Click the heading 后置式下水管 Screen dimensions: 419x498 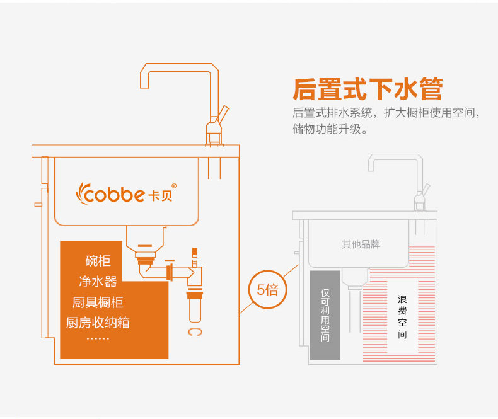[x=368, y=89]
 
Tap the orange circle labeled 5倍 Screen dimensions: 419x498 [x=268, y=290]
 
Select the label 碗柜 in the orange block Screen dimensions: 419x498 [x=98, y=261]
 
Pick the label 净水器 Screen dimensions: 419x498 [x=98, y=281]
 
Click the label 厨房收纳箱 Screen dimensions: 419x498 [x=98, y=323]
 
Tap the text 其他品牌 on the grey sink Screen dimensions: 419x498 [x=361, y=244]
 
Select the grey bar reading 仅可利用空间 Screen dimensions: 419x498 [x=325, y=315]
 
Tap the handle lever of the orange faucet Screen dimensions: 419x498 [x=224, y=113]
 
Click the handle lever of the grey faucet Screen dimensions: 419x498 [x=427, y=190]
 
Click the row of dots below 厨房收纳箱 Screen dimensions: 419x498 [x=97, y=339]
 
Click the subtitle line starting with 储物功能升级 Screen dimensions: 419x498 [x=330, y=130]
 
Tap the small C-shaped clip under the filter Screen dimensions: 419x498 [x=194, y=331]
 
